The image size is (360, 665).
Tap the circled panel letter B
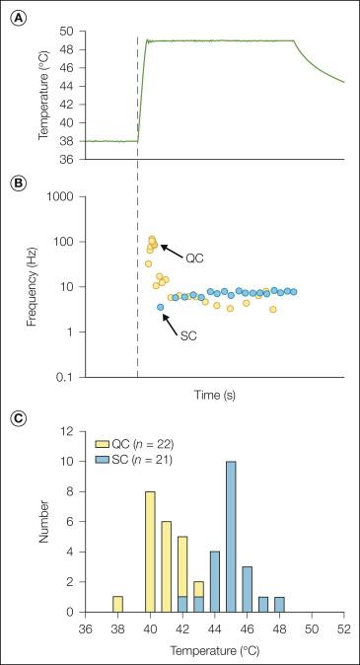click(17, 183)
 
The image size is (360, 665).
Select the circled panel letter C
click(17, 418)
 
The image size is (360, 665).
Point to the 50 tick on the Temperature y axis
click(68, 32)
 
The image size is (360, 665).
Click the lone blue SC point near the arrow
click(161, 308)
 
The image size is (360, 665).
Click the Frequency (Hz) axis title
click(26, 286)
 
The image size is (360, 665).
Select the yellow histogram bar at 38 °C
click(117, 604)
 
